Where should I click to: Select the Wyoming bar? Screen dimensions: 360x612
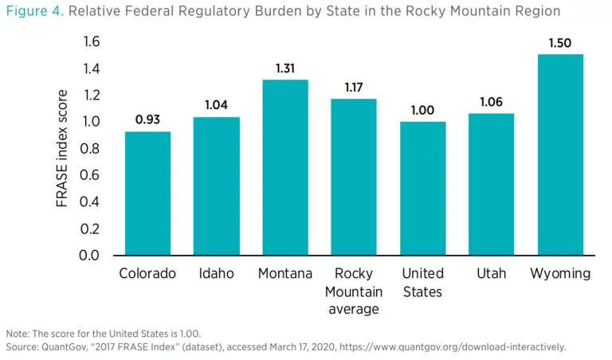pos(560,155)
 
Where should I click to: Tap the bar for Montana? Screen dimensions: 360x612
pos(285,168)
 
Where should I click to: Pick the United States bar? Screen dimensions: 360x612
pos(422,189)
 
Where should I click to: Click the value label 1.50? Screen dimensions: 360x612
pos(560,43)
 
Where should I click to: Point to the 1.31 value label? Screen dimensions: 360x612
pos(285,68)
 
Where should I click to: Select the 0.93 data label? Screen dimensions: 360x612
pos(148,119)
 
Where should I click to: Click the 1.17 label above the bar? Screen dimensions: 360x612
pos(354,87)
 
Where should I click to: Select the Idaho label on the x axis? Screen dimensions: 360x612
pos(217,273)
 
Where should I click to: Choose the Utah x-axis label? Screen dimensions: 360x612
pos(492,273)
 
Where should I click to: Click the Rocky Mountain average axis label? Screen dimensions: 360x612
pos(354,291)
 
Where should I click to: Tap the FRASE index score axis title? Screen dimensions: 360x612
pos(63,149)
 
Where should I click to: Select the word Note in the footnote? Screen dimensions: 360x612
pos(17,333)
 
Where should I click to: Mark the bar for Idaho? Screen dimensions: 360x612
pos(217,186)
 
